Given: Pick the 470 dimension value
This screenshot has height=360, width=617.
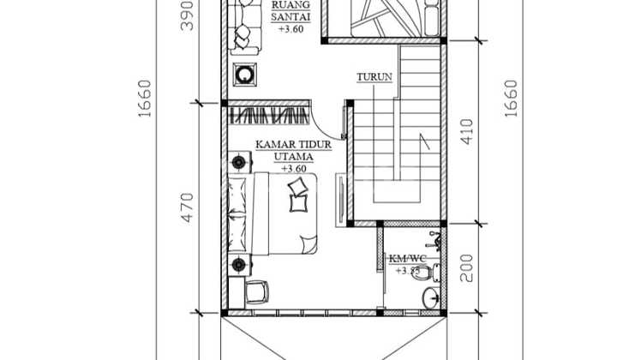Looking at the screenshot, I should [x=189, y=206].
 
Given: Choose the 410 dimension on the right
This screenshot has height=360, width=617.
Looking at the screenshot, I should [x=467, y=130].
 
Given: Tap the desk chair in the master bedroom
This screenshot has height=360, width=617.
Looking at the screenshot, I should [x=256, y=292].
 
